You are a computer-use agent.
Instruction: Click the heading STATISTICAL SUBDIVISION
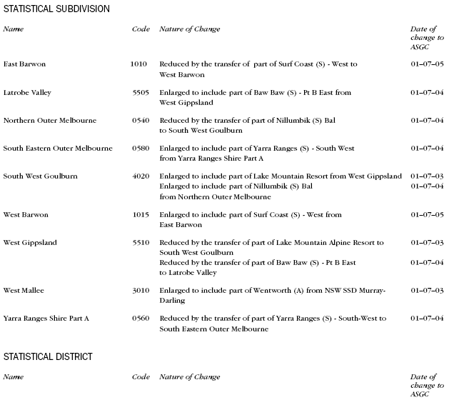(56, 9)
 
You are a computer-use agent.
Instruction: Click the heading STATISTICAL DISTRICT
(47, 356)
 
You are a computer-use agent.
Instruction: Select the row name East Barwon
(24, 64)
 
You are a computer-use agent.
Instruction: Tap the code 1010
(138, 64)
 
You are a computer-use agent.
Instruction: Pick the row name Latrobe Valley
(27, 92)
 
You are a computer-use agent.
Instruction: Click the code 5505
(141, 92)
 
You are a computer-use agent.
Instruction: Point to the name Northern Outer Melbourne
(50, 120)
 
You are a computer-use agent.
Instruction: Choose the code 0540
(141, 120)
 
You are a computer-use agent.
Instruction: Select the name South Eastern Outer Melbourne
(58, 149)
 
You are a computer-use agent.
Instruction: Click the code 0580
(141, 149)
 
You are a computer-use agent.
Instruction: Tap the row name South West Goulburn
(41, 176)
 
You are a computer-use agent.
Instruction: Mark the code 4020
(141, 176)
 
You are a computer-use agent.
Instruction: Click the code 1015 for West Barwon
(141, 214)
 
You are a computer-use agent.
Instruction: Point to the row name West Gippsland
(30, 243)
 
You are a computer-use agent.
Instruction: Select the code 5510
(141, 243)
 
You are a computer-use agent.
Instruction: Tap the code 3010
(141, 290)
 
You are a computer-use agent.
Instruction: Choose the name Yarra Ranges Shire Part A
(47, 318)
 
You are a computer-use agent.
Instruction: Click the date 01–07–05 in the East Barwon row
(427, 64)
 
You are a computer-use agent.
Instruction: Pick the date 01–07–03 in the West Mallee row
(427, 290)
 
